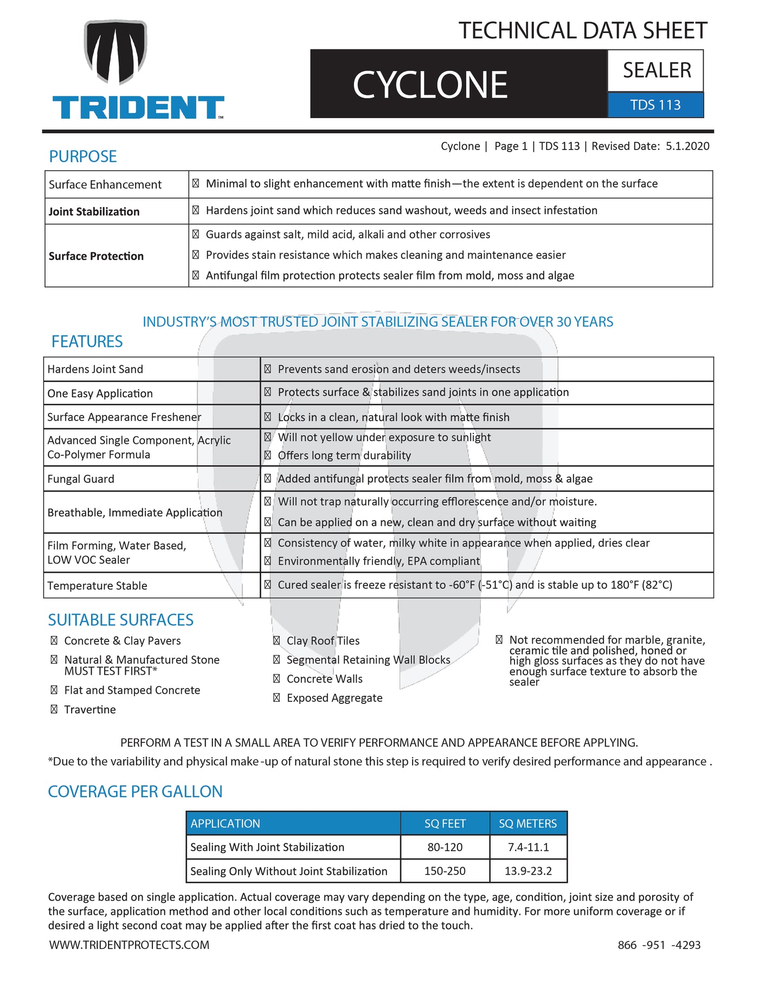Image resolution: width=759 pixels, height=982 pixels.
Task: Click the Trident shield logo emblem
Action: pos(115,53)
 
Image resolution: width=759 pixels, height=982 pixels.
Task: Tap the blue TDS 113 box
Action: pos(655,105)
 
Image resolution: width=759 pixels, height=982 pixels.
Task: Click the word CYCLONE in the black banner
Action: pos(430,85)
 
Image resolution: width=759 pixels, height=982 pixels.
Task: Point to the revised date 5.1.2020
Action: pos(687,146)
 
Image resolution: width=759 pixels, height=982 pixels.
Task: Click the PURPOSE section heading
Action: pos(83,157)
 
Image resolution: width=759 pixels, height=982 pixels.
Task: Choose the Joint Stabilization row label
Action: pos(94,212)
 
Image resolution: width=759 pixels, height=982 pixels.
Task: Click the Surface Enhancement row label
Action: pos(105,185)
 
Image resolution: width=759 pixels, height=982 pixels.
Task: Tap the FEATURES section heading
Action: pos(87,341)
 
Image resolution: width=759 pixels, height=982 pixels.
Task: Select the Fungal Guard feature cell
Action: pos(81,479)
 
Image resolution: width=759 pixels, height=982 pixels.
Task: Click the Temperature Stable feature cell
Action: pos(97,586)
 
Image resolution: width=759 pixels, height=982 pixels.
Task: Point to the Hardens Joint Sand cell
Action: pos(95,370)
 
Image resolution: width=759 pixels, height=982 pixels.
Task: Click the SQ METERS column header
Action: pos(528,824)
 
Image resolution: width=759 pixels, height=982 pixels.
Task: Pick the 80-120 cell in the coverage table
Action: pos(445,848)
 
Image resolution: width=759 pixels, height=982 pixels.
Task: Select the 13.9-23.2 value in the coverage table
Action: pos(528,871)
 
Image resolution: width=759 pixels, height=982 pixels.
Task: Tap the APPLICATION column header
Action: pos(226,824)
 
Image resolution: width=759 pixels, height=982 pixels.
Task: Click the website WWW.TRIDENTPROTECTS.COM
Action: pos(129,945)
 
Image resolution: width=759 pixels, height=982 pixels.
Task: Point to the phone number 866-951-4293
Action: pos(659,945)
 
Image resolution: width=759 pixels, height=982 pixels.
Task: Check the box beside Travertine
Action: pos(54,709)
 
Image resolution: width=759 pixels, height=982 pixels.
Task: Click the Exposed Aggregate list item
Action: pos(334,698)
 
